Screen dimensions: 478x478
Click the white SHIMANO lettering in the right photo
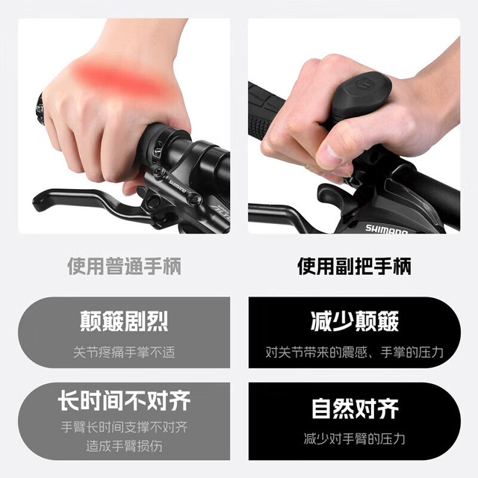click(387, 230)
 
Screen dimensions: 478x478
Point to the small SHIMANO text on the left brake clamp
click(178, 186)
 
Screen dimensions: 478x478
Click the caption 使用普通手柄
click(124, 267)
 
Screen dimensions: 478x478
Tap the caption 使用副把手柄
click(354, 267)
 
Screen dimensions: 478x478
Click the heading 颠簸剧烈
click(124, 321)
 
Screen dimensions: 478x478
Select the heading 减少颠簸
click(355, 321)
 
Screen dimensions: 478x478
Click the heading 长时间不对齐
click(124, 400)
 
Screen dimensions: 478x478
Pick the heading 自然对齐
click(355, 409)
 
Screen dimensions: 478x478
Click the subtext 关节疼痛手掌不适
click(124, 353)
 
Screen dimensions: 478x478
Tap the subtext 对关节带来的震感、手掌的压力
click(354, 353)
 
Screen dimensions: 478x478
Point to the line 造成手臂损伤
click(124, 446)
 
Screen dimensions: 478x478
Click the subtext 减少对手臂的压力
click(354, 438)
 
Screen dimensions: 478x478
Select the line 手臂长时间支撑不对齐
click(124, 427)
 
